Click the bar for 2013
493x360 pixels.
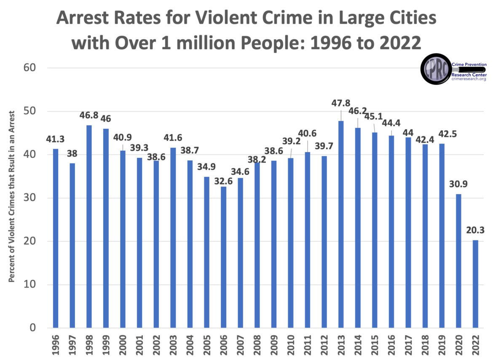tap(340, 224)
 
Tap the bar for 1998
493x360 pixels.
tap(89, 226)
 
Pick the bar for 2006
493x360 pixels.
tap(223, 257)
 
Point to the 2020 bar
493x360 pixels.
tap(458, 261)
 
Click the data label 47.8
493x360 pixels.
tap(341, 103)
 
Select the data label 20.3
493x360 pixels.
tap(475, 230)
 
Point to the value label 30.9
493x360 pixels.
tap(458, 184)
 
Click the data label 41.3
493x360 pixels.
tap(55, 139)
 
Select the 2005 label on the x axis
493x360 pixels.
tap(207, 346)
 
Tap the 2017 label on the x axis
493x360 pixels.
tap(408, 346)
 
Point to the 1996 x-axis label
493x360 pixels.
tap(55, 346)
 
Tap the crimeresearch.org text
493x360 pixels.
tap(469, 79)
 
